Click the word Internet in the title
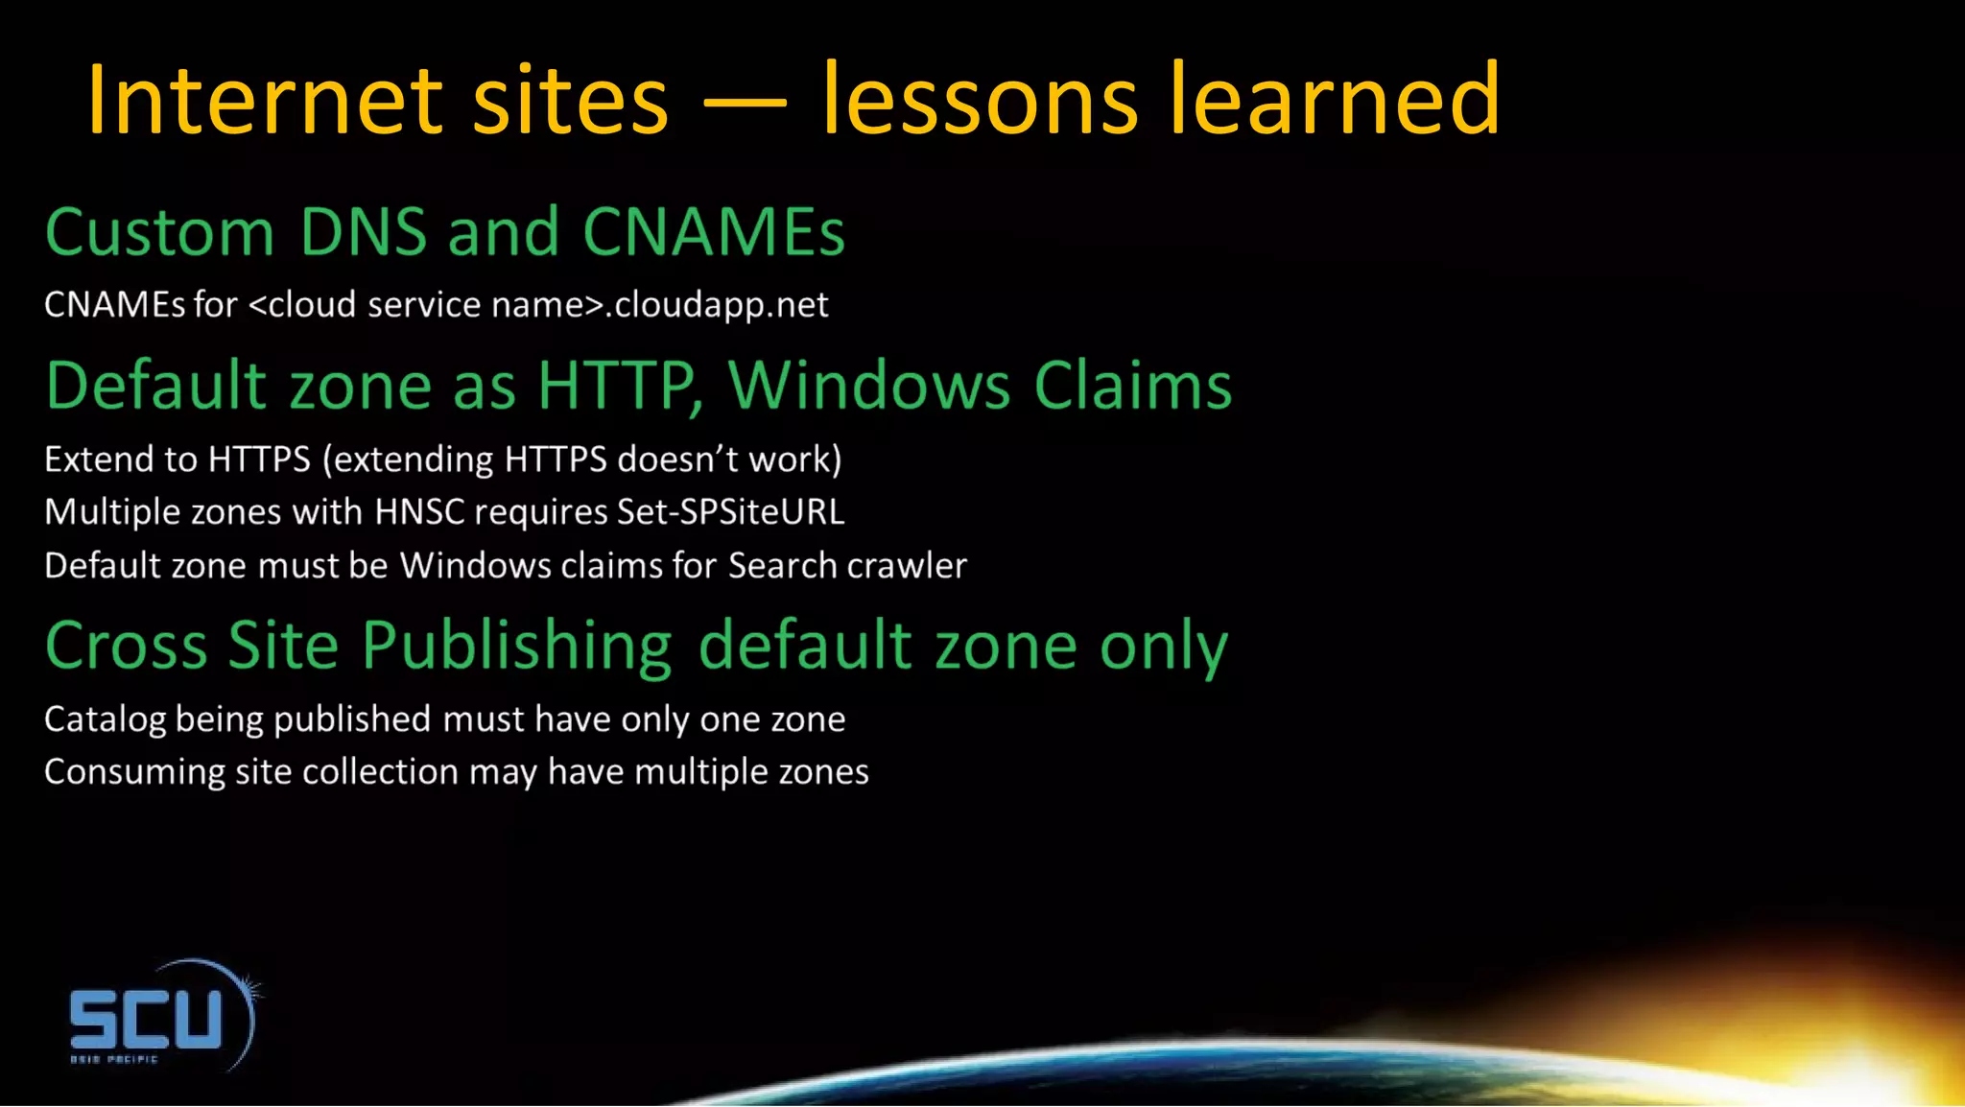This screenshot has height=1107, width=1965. pos(263,100)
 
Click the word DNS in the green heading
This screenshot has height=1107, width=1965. pos(363,232)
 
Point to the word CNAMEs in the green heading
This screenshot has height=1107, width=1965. pos(713,232)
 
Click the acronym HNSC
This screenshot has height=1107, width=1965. pos(419,512)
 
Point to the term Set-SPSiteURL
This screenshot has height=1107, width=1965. pos(730,512)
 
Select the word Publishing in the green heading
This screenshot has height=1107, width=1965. pos(517,647)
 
